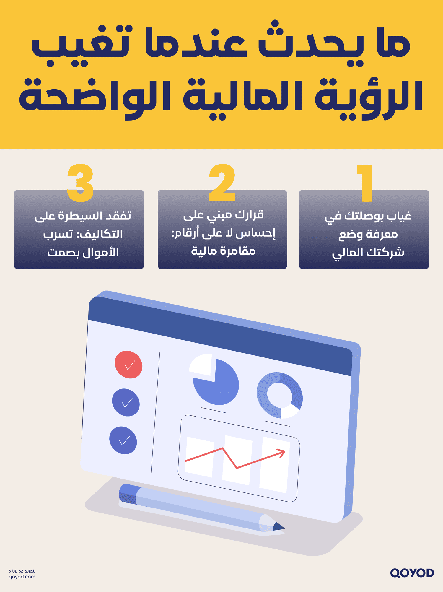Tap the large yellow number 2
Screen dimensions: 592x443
point(222,183)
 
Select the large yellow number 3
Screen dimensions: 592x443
point(80,183)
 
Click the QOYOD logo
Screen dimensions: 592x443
point(412,573)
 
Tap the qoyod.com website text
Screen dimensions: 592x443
point(22,577)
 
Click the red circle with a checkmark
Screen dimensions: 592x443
point(128,365)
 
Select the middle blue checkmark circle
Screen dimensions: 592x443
point(126,402)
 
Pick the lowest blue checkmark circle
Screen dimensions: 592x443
point(123,440)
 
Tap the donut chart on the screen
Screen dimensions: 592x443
point(280,395)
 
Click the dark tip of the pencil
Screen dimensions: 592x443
point(278,527)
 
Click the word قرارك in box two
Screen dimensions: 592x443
point(249,215)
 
